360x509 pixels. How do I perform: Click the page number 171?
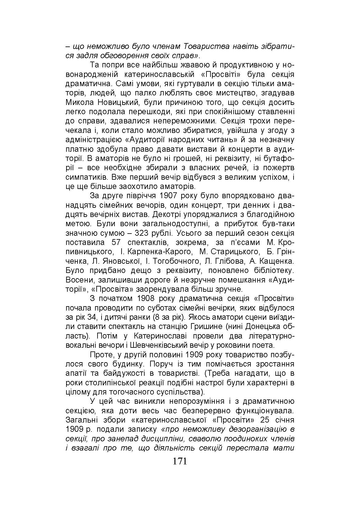coord(180,461)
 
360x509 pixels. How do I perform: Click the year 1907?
coord(171,196)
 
